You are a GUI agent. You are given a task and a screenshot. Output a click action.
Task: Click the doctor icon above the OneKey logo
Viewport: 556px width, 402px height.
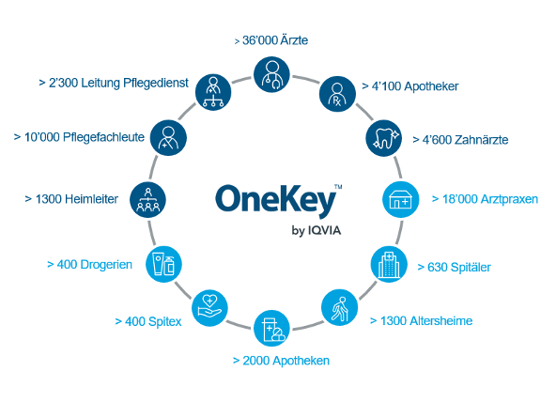271,74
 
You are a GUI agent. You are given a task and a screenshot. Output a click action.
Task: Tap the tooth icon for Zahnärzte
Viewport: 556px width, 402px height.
384,138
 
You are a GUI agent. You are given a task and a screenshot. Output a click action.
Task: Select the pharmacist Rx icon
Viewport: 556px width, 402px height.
337,94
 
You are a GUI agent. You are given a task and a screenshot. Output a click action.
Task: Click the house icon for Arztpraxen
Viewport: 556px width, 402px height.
401,199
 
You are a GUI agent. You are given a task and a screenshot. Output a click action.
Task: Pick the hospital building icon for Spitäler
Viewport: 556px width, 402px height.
389,264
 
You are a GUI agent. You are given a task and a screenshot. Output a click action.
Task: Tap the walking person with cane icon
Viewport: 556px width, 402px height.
339,307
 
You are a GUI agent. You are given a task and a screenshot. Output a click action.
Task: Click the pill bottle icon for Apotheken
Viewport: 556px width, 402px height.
271,328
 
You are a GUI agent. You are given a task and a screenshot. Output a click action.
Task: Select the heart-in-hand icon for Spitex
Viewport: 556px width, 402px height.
209,307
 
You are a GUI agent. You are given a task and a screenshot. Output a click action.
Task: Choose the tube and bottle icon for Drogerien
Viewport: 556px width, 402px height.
163,264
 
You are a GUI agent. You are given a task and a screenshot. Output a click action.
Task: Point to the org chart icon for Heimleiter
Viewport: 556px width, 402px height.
147,199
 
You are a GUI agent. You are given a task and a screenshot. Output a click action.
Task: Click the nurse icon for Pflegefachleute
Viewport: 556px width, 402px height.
168,137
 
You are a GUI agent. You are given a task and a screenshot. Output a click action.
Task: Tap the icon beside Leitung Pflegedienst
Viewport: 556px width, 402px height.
213,92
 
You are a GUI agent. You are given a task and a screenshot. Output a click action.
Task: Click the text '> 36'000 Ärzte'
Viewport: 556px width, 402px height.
271,40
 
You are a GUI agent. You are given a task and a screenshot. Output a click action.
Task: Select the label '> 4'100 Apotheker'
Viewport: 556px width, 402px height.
410,86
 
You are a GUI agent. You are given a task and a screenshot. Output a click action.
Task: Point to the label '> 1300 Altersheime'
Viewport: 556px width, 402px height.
422,321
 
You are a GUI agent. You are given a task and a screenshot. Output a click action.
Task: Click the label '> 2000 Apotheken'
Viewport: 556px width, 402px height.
281,361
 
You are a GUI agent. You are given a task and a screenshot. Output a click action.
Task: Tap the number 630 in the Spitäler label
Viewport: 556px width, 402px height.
438,267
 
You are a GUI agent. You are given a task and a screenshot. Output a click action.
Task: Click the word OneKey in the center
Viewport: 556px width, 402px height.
275,200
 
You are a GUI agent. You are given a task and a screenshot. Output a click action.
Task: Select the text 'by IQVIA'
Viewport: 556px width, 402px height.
317,230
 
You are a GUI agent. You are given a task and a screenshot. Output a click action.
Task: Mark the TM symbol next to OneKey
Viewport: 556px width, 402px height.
338,187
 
